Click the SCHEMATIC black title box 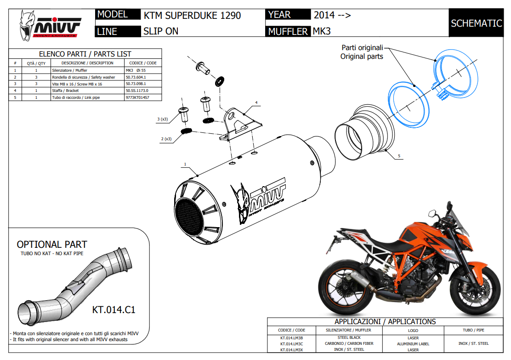pos(476,23)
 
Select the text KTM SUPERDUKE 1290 pos(192,16)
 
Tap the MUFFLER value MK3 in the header pos(322,31)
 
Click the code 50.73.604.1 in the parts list pos(136,77)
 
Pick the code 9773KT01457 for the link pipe pos(137,97)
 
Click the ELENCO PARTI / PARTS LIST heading pos(85,54)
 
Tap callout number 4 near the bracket pos(256,102)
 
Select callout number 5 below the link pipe pos(399,156)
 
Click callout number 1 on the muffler pos(185,164)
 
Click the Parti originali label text pos(362,48)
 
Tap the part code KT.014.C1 pos(114,309)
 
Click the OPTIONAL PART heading pos(52,245)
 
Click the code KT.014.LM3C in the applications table pos(291,343)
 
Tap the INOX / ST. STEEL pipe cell pos(473,343)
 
